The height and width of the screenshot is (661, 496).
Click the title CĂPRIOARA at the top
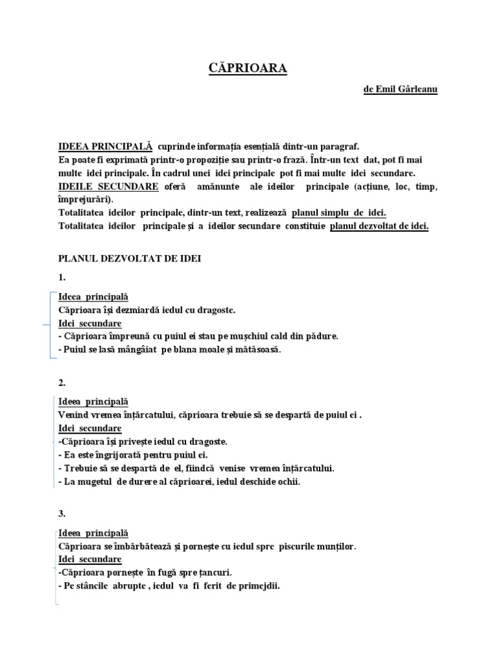pos(248,68)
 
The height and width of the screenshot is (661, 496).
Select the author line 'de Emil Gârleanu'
pos(400,90)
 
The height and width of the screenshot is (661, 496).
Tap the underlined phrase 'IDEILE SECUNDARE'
pos(108,187)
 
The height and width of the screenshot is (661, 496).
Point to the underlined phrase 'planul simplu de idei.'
pos(339,213)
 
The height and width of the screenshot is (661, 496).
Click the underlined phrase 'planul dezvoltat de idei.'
pos(379,226)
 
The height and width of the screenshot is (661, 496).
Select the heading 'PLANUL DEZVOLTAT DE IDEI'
pos(130,259)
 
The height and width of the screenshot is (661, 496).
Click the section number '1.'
pos(62,278)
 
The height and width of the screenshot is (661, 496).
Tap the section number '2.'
pos(62,383)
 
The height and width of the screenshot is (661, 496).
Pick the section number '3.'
pos(62,514)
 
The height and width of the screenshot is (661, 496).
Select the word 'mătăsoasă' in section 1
pos(256,350)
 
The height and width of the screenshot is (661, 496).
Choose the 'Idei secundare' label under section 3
pos(90,559)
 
